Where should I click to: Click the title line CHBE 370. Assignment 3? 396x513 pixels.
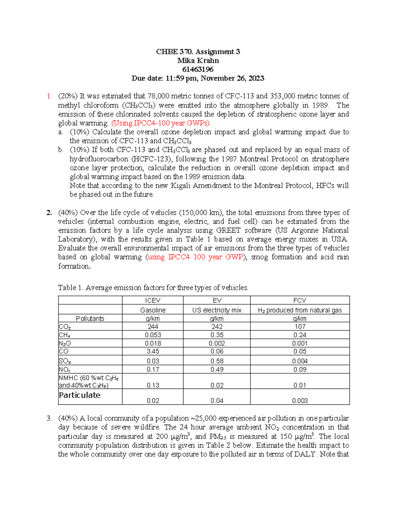198,52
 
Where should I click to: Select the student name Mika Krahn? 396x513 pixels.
198,60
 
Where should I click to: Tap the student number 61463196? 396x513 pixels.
198,69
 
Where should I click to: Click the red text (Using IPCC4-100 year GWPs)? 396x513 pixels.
160,123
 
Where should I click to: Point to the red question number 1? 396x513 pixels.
49,96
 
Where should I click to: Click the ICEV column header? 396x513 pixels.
152,300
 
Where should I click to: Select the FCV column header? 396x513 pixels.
300,300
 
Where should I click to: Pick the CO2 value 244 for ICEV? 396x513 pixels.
152,326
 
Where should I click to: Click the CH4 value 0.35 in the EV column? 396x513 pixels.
217,335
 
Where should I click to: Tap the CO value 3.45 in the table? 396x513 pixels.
152,351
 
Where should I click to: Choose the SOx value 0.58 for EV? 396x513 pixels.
217,361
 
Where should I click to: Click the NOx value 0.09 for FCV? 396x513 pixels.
300,369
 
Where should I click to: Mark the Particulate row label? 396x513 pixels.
80,395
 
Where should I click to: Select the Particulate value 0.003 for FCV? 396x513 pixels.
300,401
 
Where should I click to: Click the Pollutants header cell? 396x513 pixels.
90,318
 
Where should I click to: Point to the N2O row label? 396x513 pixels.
65,343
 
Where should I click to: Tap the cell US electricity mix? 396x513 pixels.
217,310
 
